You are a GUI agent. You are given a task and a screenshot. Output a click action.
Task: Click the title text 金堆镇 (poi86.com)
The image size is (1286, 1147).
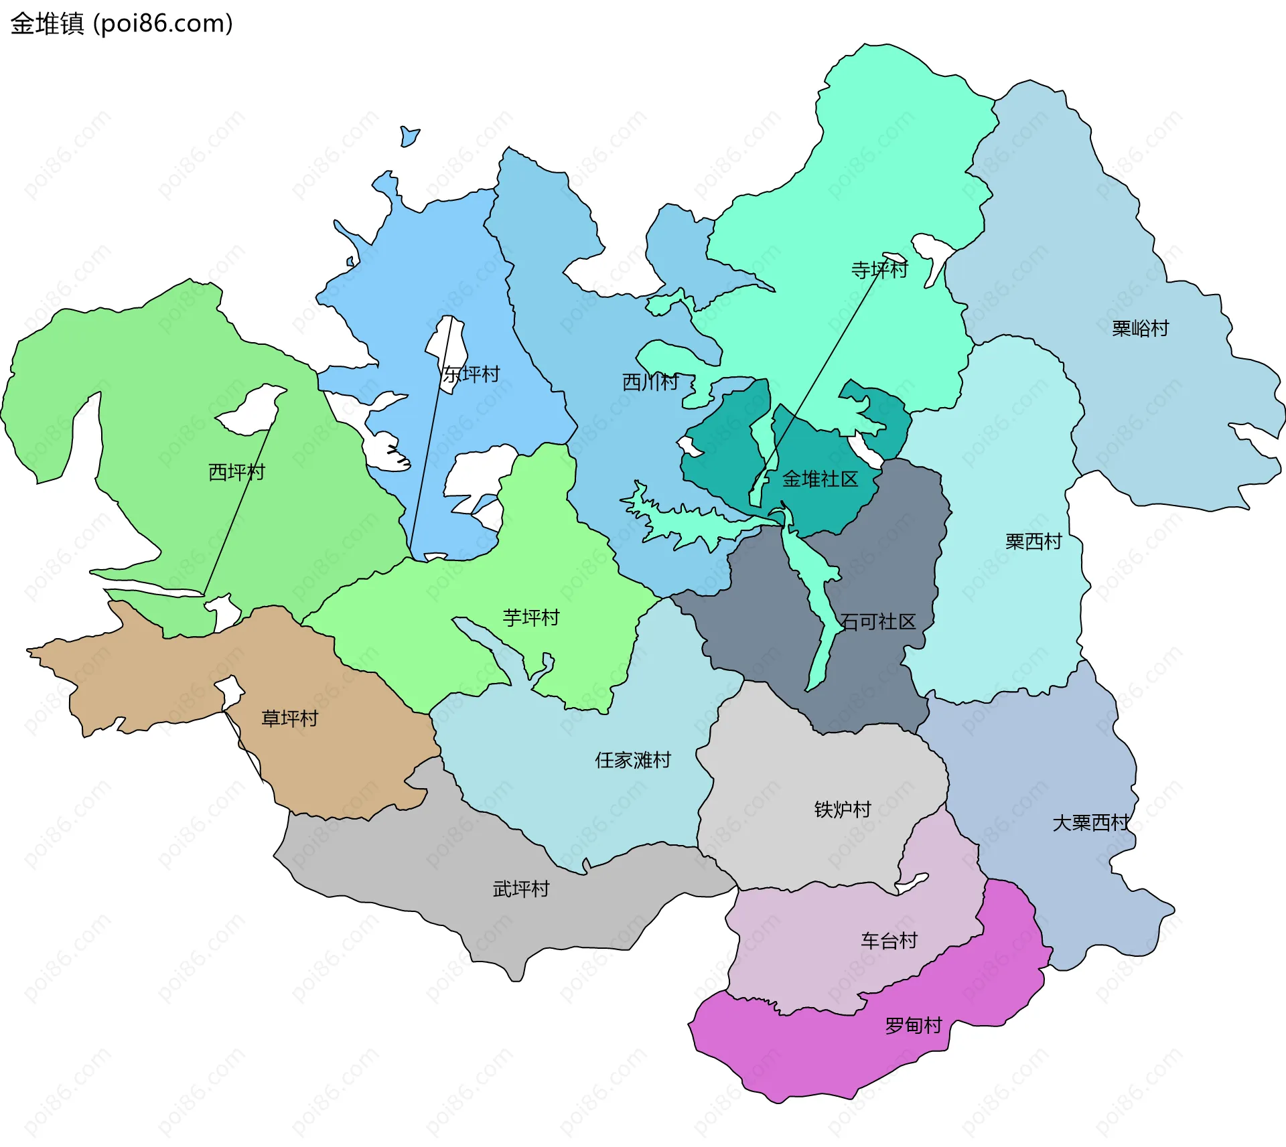pyautogui.click(x=121, y=23)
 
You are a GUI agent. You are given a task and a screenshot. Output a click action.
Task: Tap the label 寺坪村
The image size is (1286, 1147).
pyautogui.click(x=879, y=270)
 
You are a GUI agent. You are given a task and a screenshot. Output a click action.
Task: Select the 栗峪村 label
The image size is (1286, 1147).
pyautogui.click(x=1140, y=328)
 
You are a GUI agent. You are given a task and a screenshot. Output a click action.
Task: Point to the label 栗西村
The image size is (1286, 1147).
pyautogui.click(x=1033, y=541)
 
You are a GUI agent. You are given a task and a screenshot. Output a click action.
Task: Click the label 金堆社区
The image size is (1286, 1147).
pyautogui.click(x=820, y=479)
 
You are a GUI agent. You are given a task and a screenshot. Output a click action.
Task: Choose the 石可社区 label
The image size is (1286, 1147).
pyautogui.click(x=877, y=621)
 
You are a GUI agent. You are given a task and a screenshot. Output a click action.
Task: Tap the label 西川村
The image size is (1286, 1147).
pyautogui.click(x=650, y=382)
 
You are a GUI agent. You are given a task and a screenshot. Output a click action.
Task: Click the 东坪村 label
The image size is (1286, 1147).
pyautogui.click(x=471, y=374)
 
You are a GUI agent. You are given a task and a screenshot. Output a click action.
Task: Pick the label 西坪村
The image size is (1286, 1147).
pyautogui.click(x=236, y=472)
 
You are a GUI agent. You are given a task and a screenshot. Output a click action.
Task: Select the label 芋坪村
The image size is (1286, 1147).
pyautogui.click(x=531, y=617)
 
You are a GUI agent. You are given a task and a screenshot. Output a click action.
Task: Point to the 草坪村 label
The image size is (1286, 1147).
pyautogui.click(x=289, y=718)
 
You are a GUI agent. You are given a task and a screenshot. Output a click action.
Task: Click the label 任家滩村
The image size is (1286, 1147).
pyautogui.click(x=632, y=760)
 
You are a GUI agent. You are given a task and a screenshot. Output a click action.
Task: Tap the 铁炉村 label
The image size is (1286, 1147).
pyautogui.click(x=843, y=810)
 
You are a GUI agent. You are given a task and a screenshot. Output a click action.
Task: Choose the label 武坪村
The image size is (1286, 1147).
pyautogui.click(x=521, y=889)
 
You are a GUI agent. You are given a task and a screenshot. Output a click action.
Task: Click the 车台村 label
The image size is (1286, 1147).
pyautogui.click(x=889, y=941)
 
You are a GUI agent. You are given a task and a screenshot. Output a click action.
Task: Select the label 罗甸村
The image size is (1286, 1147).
pyautogui.click(x=913, y=1025)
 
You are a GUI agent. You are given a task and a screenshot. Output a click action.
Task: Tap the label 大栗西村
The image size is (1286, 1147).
pyautogui.click(x=1090, y=822)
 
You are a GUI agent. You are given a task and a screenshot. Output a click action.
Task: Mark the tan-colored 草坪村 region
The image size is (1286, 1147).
pyautogui.click(x=348, y=757)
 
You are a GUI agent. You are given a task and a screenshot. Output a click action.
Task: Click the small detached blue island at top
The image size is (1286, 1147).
pyautogui.click(x=409, y=137)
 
